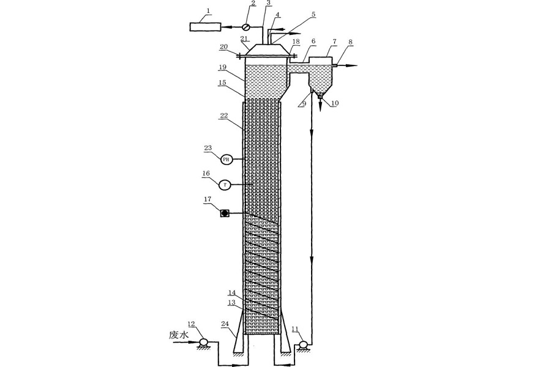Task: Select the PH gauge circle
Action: [x=226, y=159]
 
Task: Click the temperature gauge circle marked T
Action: [x=226, y=183]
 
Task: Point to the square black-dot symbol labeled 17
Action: [x=225, y=213]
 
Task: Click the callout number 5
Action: [x=313, y=13]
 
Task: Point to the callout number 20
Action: [x=224, y=46]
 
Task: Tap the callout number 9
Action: [x=304, y=104]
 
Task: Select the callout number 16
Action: [x=207, y=174]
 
